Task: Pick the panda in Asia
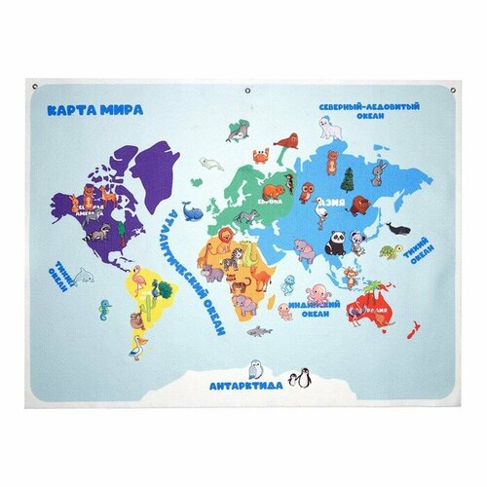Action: click(x=336, y=241)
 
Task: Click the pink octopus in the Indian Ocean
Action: click(x=318, y=291)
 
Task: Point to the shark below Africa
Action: click(x=259, y=332)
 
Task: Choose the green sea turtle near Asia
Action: click(x=389, y=251)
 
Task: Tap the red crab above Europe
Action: click(x=261, y=155)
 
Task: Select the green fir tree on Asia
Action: click(x=347, y=178)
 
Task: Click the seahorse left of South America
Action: click(x=105, y=311)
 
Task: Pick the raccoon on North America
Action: click(x=95, y=235)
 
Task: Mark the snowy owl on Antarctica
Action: click(x=256, y=367)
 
